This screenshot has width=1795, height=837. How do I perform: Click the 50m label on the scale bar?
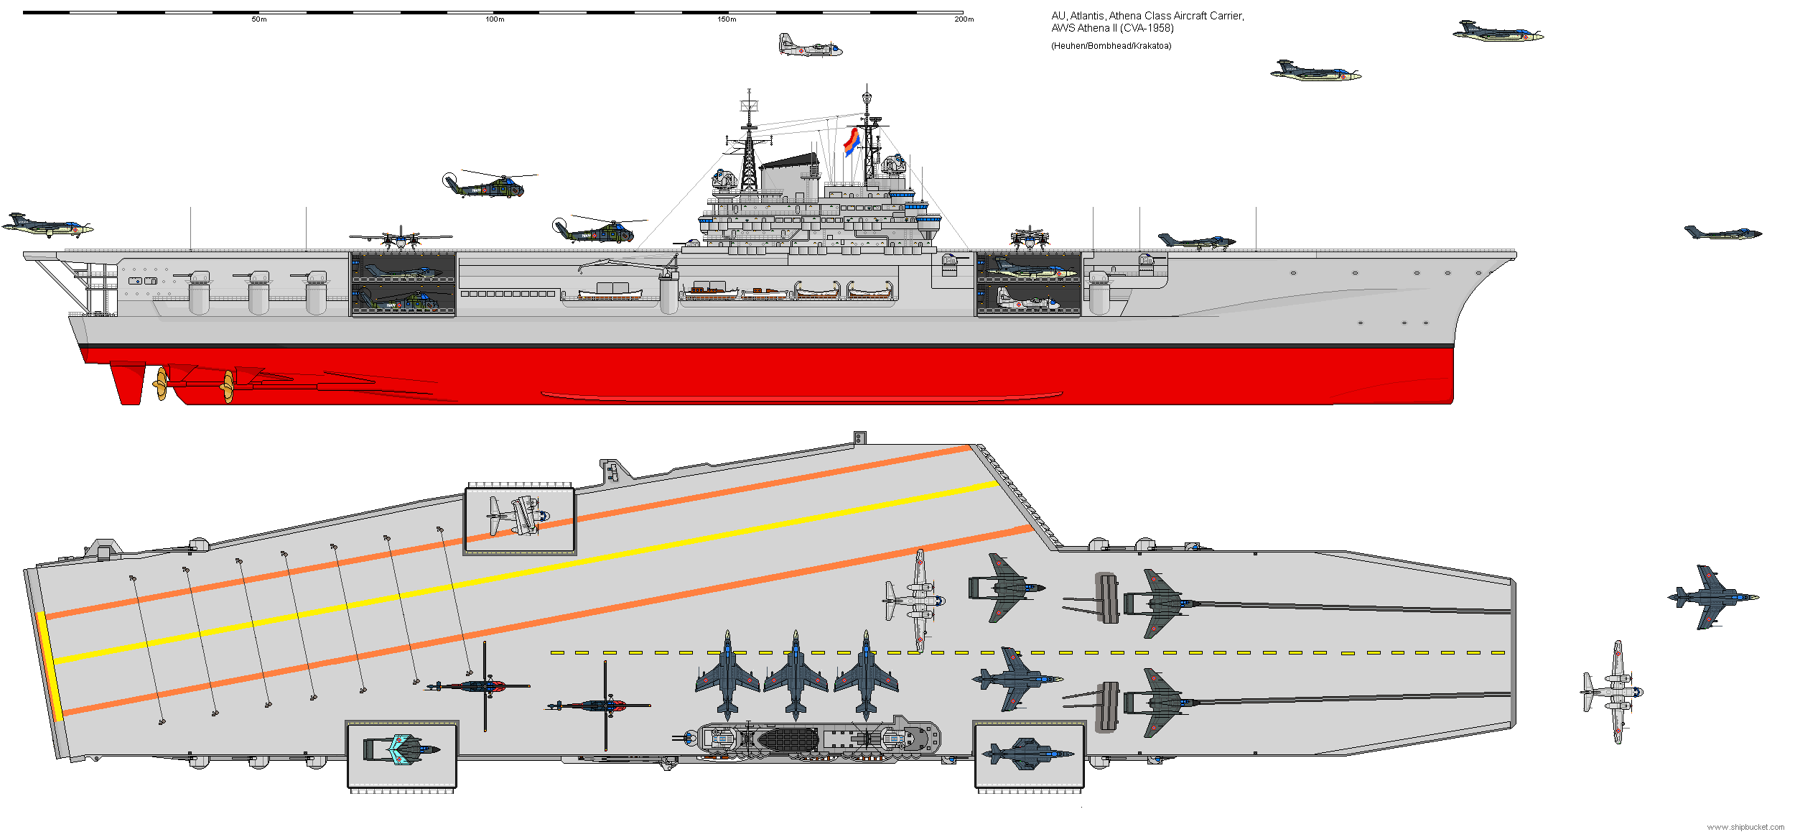pos(258,19)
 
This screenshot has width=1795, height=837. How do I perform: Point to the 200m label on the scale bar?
pos(964,19)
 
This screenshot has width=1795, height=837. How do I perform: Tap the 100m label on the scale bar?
pos(495,19)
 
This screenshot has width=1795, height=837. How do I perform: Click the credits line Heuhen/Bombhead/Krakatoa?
pos(1111,46)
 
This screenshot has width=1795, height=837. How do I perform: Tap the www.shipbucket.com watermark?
pos(1745,828)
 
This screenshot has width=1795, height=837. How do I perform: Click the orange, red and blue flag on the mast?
pos(852,142)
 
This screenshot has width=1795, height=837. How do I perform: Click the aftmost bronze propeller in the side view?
pos(161,384)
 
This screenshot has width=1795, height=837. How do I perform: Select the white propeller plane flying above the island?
pos(809,45)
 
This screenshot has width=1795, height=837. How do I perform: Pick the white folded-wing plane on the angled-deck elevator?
pos(518,515)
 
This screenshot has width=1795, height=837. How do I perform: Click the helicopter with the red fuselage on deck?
pos(600,706)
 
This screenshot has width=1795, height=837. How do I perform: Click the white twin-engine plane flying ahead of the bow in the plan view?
pos(1613,692)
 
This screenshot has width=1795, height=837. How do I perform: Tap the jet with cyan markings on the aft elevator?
pos(402,749)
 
